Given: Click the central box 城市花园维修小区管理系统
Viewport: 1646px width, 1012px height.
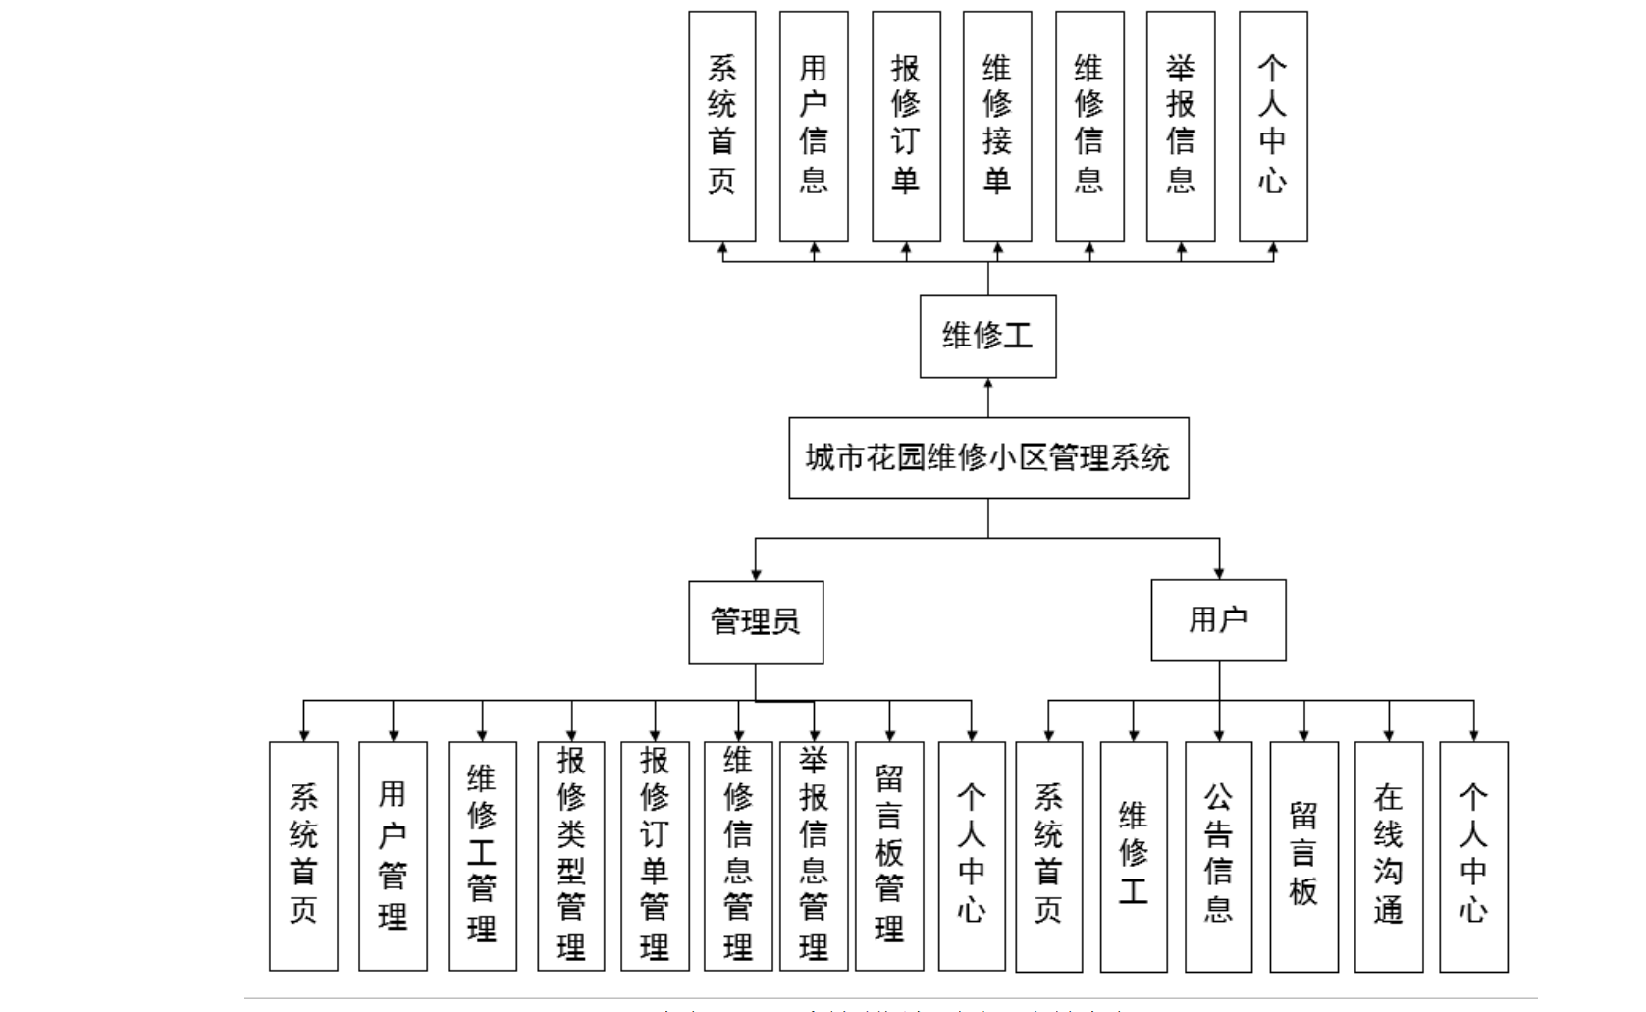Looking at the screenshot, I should pyautogui.click(x=988, y=457).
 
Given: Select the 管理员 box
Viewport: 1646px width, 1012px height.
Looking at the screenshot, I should pyautogui.click(x=756, y=621).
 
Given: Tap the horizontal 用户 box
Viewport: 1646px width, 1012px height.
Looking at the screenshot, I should pyautogui.click(x=1218, y=619).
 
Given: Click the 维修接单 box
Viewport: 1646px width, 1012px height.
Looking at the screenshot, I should pyautogui.click(x=997, y=126).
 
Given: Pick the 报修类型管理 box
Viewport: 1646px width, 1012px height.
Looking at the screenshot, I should pyautogui.click(x=570, y=855).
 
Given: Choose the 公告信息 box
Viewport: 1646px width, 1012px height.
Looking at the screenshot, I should pyautogui.click(x=1218, y=855).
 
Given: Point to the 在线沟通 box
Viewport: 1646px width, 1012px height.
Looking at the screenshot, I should pyautogui.click(x=1388, y=855).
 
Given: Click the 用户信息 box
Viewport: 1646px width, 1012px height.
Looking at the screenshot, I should pyautogui.click(x=814, y=126).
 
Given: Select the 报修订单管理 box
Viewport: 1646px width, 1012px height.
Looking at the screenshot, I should pyautogui.click(x=654, y=855).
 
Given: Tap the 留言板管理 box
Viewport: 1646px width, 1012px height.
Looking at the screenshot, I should pyautogui.click(x=889, y=855).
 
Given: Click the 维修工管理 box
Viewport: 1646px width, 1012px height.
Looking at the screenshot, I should pyautogui.click(x=482, y=855).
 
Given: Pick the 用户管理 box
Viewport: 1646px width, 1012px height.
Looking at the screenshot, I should pyautogui.click(x=393, y=855).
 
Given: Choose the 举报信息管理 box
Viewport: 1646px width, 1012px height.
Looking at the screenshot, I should pyautogui.click(x=814, y=855).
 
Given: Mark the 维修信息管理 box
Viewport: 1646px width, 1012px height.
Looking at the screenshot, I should pyautogui.click(x=738, y=855).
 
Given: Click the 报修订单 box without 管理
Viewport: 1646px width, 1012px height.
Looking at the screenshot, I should pyautogui.click(x=906, y=126).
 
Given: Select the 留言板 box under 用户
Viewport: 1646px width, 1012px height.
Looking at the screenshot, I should pyautogui.click(x=1303, y=855).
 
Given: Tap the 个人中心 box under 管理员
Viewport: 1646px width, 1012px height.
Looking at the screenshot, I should pyautogui.click(x=972, y=855).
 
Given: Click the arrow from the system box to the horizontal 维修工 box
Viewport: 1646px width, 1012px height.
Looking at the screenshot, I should pyautogui.click(x=988, y=398).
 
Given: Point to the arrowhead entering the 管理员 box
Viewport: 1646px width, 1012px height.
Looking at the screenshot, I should pyautogui.click(x=756, y=573).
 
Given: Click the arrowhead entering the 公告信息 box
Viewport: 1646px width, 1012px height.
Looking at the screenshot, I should pyautogui.click(x=1219, y=734).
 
